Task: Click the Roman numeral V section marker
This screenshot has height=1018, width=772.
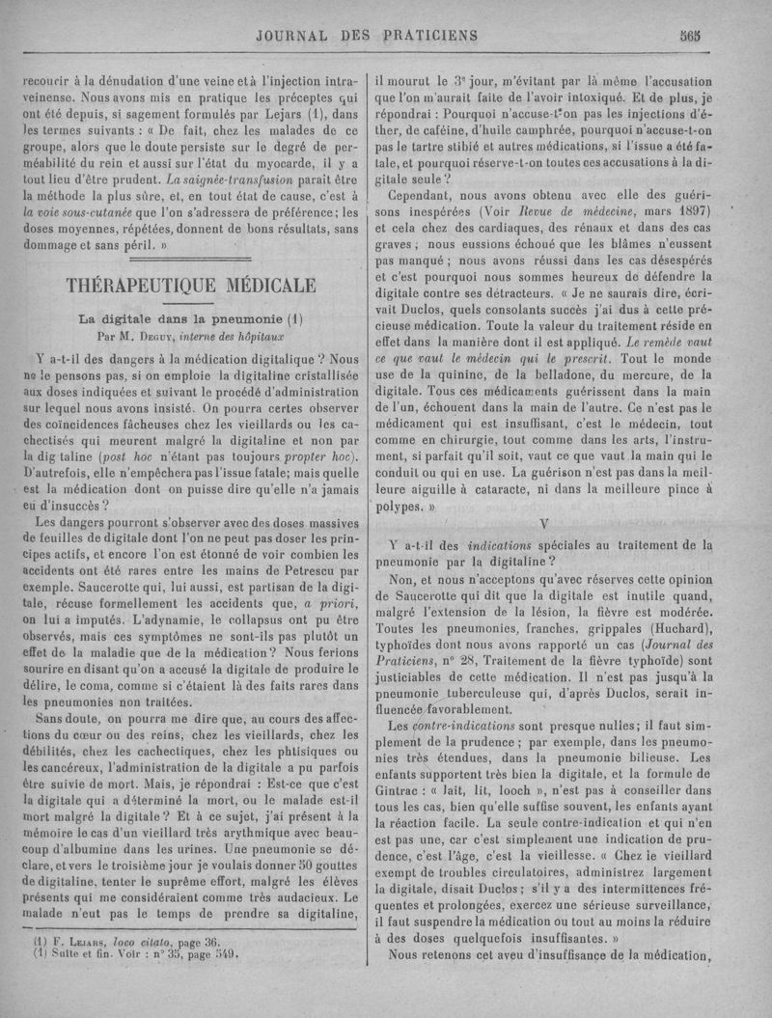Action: click(x=545, y=524)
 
